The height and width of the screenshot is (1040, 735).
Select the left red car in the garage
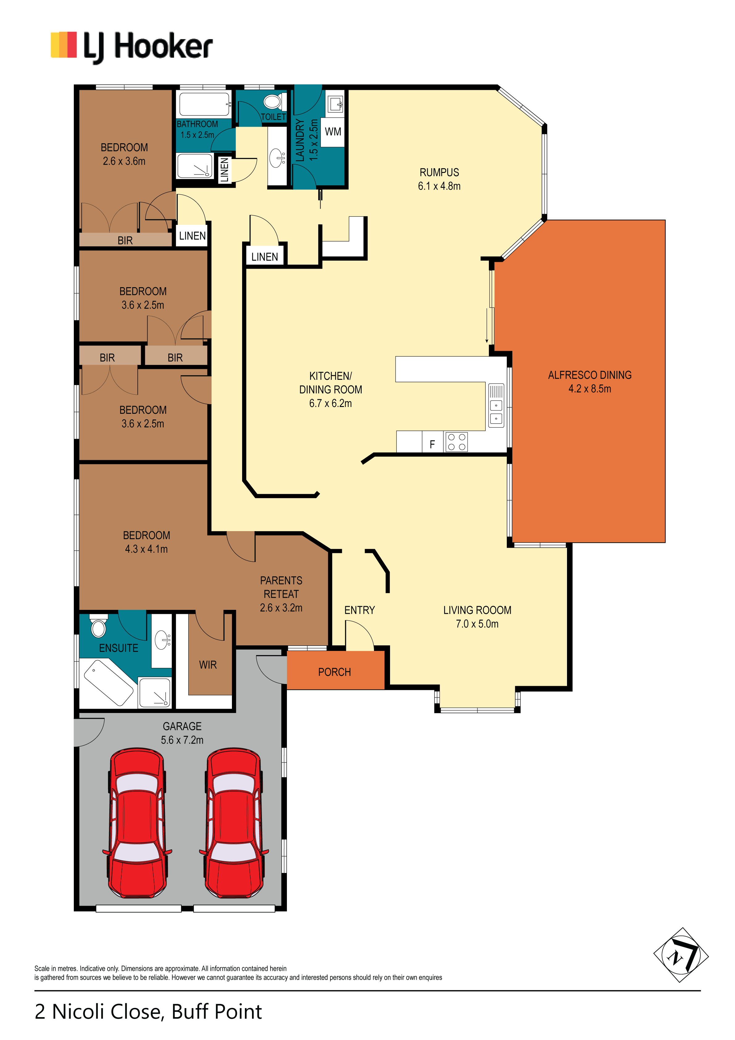click(x=137, y=823)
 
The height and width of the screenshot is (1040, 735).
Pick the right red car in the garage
click(x=234, y=823)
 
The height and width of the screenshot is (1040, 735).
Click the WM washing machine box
click(x=333, y=132)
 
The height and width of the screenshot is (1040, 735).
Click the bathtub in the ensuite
click(x=109, y=682)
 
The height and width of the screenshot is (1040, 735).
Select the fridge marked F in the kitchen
click(x=432, y=442)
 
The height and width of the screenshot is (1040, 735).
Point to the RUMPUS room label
click(x=439, y=173)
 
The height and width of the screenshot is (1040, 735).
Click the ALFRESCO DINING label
click(x=590, y=375)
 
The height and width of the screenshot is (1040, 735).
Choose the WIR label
click(x=208, y=665)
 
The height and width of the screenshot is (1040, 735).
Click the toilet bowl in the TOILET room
click(x=272, y=102)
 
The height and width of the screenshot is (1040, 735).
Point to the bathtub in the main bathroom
click(x=205, y=104)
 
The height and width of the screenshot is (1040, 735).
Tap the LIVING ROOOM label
click(x=477, y=610)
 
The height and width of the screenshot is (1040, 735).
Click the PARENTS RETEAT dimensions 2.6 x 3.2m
click(x=281, y=608)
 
